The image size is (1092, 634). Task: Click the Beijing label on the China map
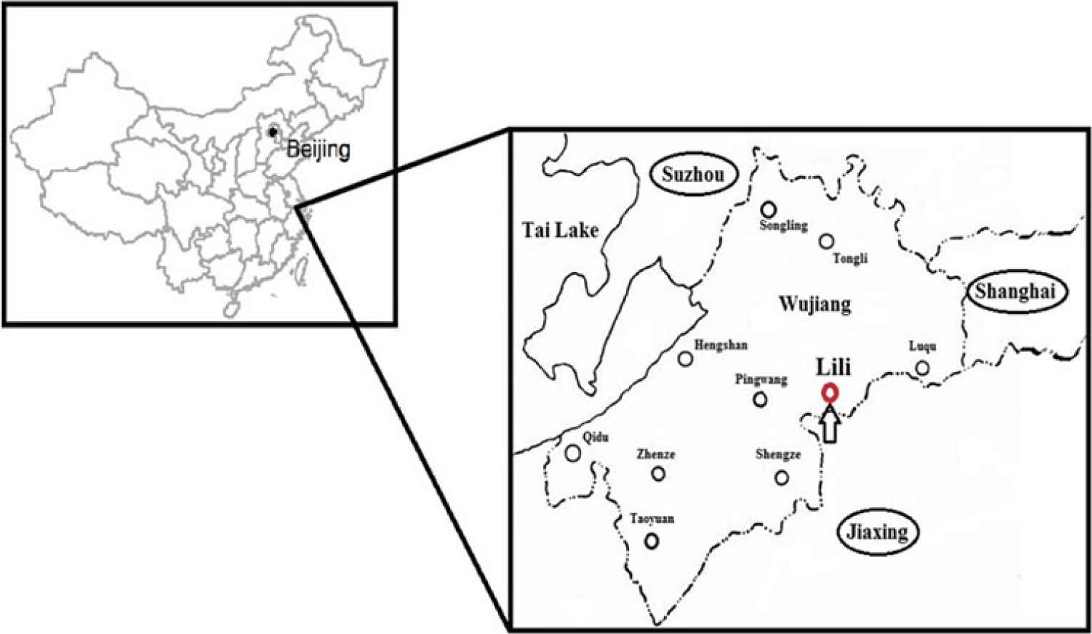point(318,150)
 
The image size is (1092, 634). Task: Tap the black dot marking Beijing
point(273,132)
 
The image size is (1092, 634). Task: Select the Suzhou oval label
point(693,175)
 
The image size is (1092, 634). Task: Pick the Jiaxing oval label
point(877,532)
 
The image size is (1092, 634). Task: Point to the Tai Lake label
point(560,230)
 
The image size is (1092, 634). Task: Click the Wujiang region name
point(814,305)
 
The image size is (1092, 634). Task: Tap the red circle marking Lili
point(829,393)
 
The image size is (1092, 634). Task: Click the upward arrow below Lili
point(829,424)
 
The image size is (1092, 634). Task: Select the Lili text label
point(834,367)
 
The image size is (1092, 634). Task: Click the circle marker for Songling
point(769,209)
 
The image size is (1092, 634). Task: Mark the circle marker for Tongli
point(827,241)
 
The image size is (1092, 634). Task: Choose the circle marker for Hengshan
point(686,359)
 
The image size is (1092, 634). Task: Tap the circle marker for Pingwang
point(760,399)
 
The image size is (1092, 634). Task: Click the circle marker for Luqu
point(922,368)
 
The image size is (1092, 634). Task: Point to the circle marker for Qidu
point(572,452)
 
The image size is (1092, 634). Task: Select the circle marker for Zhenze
point(658,473)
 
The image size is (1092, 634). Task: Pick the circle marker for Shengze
point(781,477)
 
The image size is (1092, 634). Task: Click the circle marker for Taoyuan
point(651,541)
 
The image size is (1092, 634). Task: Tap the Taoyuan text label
point(651,519)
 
